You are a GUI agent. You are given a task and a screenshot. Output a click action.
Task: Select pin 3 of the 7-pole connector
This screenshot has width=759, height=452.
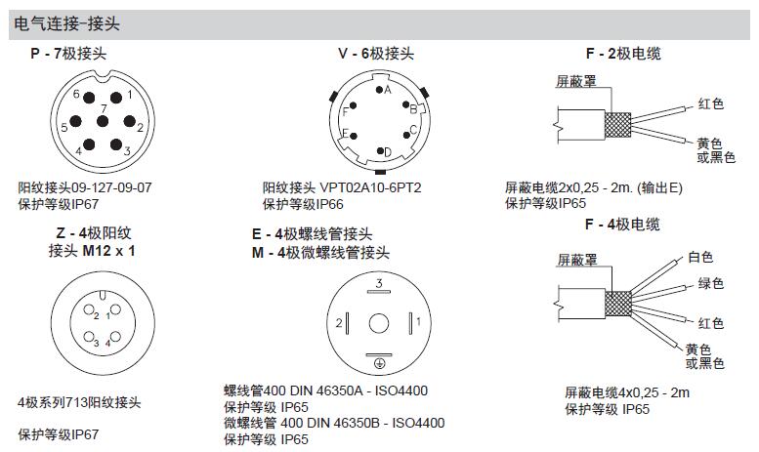(117, 145)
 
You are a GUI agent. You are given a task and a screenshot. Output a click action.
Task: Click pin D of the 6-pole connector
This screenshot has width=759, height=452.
(380, 151)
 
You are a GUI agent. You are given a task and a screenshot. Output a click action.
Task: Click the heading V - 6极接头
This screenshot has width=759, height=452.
(376, 54)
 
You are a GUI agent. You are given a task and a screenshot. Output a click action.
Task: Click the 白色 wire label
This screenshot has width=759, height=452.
(699, 258)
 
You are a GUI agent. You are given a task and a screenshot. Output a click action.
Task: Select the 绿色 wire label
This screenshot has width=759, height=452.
(709, 284)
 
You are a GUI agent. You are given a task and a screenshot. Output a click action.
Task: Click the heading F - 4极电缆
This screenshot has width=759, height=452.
(622, 225)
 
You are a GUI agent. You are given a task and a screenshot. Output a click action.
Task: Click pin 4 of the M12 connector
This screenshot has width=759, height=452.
(108, 344)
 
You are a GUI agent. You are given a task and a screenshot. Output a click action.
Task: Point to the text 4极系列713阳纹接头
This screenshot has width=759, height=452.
(80, 402)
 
